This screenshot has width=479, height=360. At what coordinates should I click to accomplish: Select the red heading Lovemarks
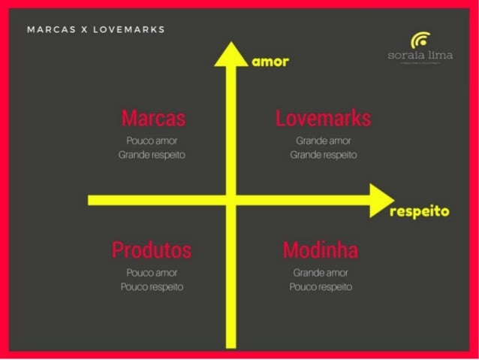tap(323, 118)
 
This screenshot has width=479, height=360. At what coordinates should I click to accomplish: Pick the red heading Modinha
tap(321, 250)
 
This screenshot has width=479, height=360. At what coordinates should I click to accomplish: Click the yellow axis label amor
tap(270, 62)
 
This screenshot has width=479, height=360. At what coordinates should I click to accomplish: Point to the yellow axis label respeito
tap(420, 211)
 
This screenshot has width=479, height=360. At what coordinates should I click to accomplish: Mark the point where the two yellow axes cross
tap(231, 200)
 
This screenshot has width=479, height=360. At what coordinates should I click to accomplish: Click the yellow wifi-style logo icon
tap(420, 40)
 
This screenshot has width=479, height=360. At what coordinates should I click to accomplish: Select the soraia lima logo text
tap(420, 55)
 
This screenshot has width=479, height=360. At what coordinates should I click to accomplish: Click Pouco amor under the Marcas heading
tap(152, 141)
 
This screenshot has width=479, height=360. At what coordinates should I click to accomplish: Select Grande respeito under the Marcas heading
tap(152, 155)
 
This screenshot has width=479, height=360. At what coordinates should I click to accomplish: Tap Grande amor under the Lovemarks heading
tap(323, 141)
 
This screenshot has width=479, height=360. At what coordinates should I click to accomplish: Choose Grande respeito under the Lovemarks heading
tap(323, 155)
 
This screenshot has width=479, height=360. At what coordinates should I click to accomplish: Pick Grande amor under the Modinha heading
tap(321, 272)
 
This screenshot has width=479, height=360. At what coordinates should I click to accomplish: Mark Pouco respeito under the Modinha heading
tap(321, 286)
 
